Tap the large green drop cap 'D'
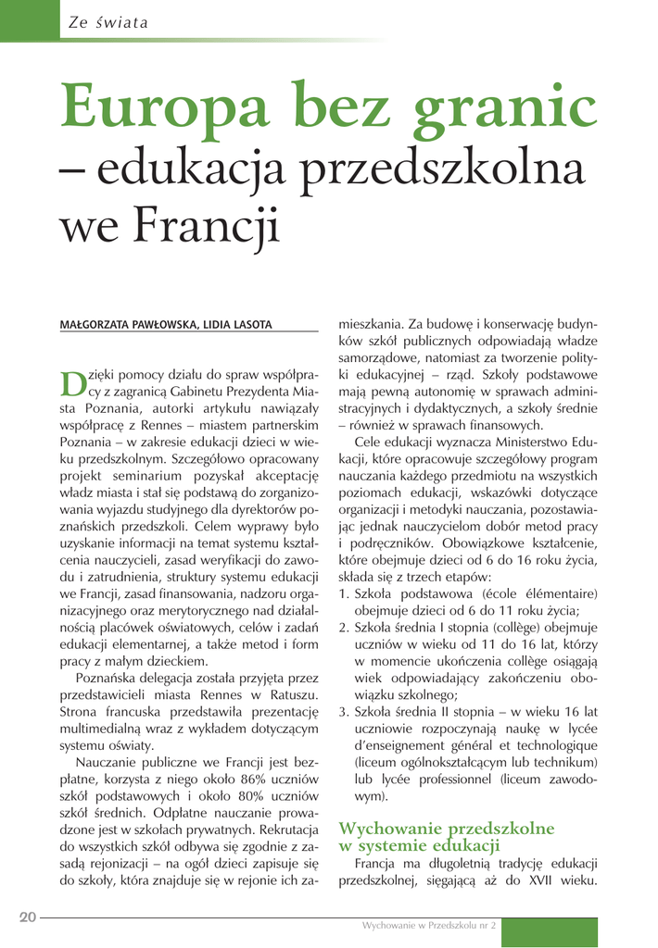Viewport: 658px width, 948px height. click(x=72, y=382)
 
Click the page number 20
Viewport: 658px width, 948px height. click(x=27, y=917)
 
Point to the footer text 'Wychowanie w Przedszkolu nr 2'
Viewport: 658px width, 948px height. click(x=429, y=925)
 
